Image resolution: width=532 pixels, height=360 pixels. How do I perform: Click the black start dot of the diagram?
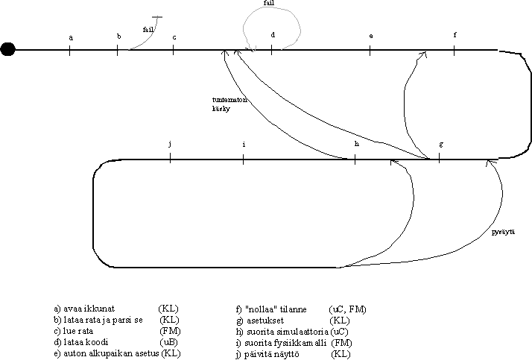[8, 50]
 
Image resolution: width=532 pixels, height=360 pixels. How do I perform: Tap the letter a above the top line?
[71, 37]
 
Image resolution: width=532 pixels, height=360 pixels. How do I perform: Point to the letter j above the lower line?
[171, 143]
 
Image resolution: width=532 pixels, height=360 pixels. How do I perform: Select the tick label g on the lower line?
[441, 143]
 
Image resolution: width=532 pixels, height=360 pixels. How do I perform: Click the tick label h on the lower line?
[357, 143]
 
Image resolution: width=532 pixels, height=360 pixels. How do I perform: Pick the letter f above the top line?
[455, 35]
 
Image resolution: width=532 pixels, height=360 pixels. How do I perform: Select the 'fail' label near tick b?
[148, 29]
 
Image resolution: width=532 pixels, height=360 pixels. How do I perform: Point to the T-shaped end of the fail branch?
[156, 16]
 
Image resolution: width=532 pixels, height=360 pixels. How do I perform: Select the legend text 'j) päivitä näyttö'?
[267, 353]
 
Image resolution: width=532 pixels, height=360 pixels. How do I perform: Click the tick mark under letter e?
[370, 50]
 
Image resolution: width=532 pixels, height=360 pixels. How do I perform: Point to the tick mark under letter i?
[244, 158]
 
